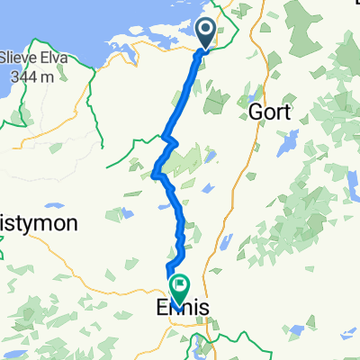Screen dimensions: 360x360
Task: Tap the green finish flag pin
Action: [x=179, y=288]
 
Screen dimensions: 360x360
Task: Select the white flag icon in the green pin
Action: [x=179, y=286]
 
